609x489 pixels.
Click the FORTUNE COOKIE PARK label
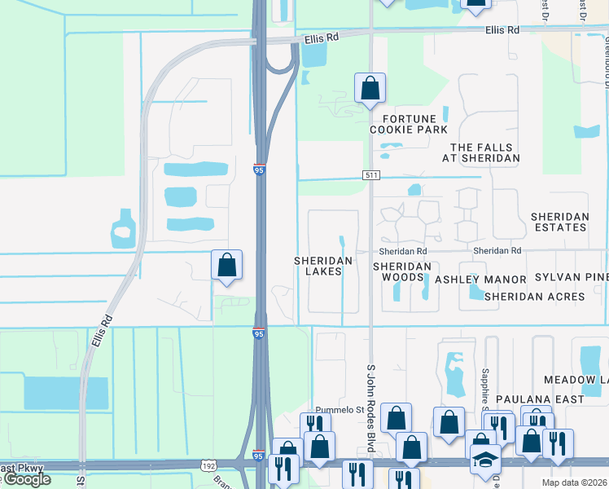[409, 124]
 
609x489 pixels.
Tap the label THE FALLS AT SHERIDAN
[485, 152]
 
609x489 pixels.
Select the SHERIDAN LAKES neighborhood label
[323, 266]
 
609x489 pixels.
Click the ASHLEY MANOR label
[480, 280]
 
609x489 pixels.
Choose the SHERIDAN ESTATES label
[559, 222]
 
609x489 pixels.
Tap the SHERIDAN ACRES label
[534, 297]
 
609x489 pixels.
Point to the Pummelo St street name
[340, 409]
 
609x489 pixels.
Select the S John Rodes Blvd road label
[370, 407]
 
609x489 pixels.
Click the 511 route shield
[371, 175]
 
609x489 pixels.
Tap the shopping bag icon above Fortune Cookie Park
[370, 88]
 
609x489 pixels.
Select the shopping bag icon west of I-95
[227, 265]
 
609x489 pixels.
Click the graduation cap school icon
[485, 459]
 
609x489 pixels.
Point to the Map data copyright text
[575, 482]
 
